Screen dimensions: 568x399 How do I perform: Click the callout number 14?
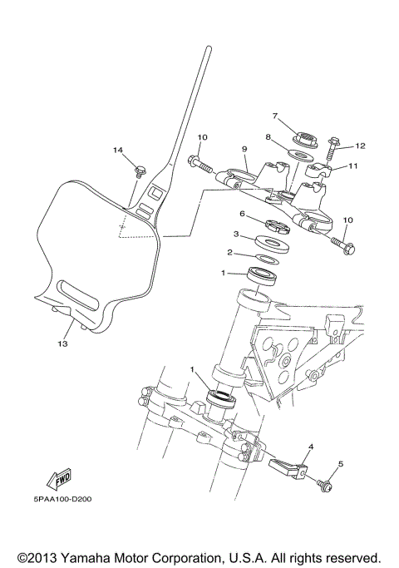[x=118, y=151]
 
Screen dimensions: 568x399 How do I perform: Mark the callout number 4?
[x=309, y=447]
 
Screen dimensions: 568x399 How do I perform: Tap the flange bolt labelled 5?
[x=324, y=482]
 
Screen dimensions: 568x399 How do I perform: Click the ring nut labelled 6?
[x=274, y=223]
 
